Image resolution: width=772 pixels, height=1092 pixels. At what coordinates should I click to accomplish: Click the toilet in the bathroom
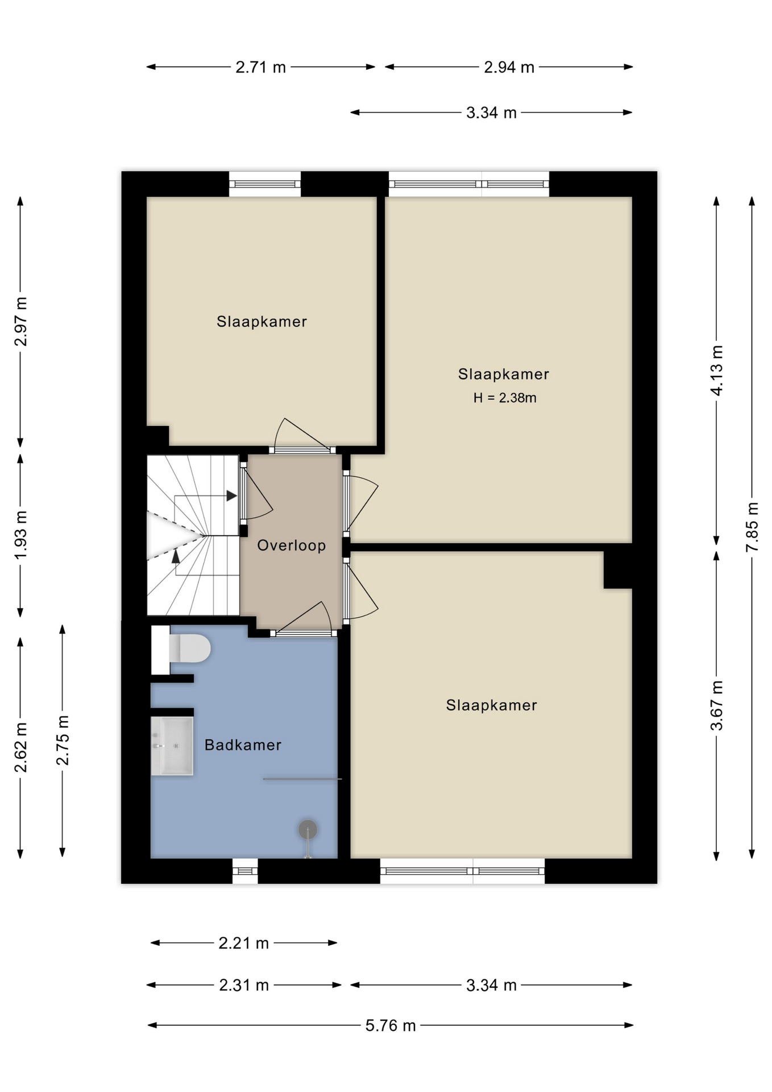[181, 650]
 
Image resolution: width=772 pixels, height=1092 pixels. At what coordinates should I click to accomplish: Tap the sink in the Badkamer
[172, 746]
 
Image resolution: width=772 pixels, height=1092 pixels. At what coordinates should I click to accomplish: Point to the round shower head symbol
[308, 830]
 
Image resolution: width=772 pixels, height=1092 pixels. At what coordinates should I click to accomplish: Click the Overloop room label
[292, 545]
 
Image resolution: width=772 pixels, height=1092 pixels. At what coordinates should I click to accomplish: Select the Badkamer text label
[243, 745]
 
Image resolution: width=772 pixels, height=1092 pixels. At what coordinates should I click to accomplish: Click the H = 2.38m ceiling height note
[505, 398]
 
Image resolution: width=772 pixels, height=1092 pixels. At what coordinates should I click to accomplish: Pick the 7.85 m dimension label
[752, 527]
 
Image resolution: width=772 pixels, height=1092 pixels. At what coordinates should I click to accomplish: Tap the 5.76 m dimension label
[391, 1025]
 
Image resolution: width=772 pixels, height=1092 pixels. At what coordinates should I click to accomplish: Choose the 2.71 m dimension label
[260, 67]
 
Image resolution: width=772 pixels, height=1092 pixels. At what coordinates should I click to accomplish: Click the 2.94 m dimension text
[509, 67]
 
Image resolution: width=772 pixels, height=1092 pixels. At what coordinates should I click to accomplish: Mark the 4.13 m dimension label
[716, 370]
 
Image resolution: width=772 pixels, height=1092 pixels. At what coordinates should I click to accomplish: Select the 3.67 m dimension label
[716, 705]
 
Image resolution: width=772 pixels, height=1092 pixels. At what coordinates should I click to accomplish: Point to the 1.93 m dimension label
[20, 535]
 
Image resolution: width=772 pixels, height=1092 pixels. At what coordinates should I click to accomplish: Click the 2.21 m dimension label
[243, 943]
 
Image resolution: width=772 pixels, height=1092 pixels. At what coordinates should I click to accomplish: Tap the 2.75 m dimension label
[63, 741]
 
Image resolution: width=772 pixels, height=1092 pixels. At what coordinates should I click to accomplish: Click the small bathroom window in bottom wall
[245, 871]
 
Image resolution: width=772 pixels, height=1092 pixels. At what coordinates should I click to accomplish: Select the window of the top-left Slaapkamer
[265, 184]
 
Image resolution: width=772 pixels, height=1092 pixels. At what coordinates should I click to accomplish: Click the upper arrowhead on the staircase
[231, 496]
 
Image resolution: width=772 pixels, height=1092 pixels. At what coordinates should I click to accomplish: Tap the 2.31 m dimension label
[244, 985]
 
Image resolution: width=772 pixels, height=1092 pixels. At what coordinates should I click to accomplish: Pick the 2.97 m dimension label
[20, 321]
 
